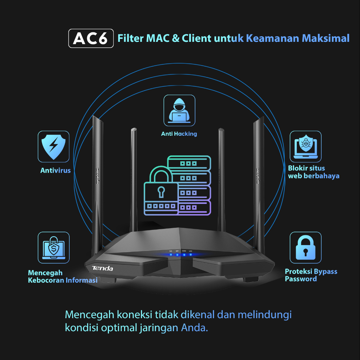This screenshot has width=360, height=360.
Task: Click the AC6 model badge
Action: coord(91,38)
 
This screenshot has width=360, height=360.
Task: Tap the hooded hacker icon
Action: coord(179,110)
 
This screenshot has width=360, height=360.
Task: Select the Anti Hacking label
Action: coord(179,134)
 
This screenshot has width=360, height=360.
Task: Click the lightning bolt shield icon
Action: coord(53,146)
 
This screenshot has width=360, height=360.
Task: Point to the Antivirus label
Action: coord(56,171)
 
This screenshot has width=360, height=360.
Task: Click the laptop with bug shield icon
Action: coord(306,146)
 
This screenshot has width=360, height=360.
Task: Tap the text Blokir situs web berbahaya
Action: coord(313,172)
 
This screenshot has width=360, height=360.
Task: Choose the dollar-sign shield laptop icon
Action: coord(53,247)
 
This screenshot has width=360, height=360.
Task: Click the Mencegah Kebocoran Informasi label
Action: coord(63,276)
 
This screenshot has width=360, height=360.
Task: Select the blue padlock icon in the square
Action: coord(306,247)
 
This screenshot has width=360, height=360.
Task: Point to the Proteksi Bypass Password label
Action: coord(311,275)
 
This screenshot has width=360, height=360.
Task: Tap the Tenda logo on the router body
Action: coord(102,269)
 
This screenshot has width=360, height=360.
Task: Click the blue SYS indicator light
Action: coord(171,255)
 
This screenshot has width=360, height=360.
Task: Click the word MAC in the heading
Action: coord(158,38)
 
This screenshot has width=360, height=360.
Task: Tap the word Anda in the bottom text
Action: coord(194,328)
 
